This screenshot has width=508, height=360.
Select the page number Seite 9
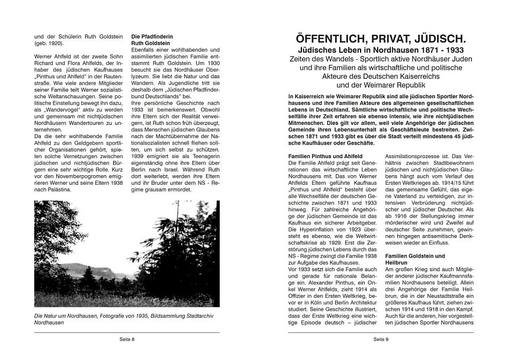pyautogui.click(x=380, y=339)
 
